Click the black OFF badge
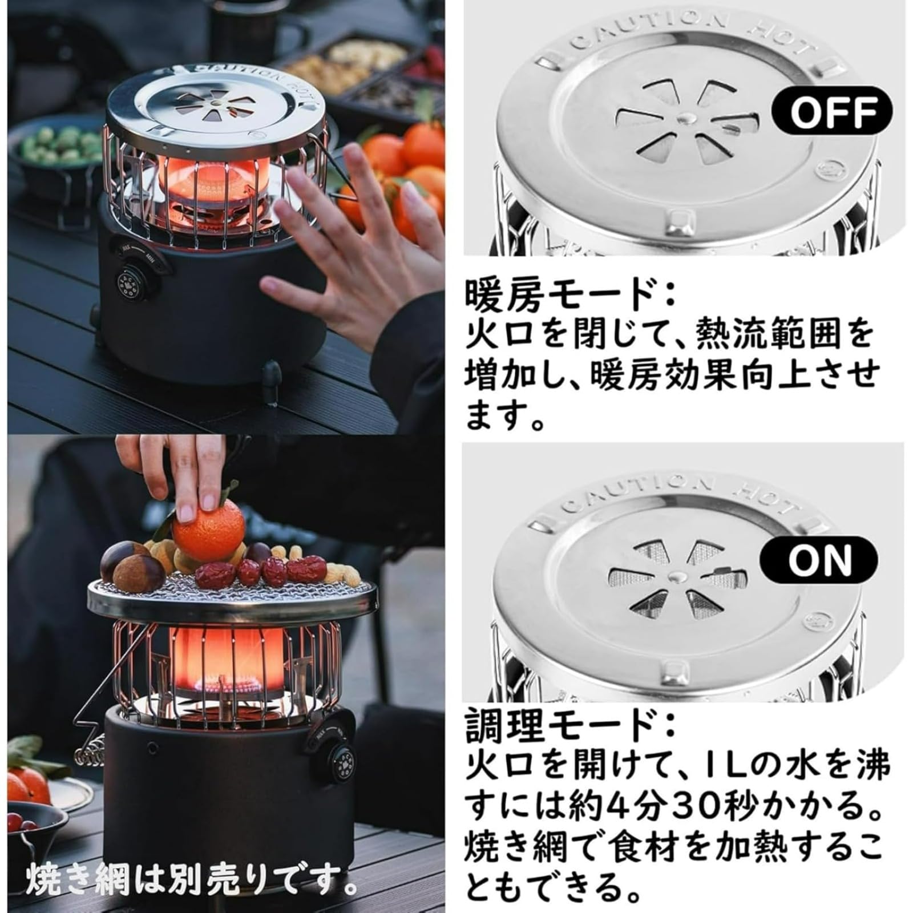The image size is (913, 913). coord(831,110)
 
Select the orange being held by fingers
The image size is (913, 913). coord(209,531)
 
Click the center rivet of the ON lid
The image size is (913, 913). coord(677,576)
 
